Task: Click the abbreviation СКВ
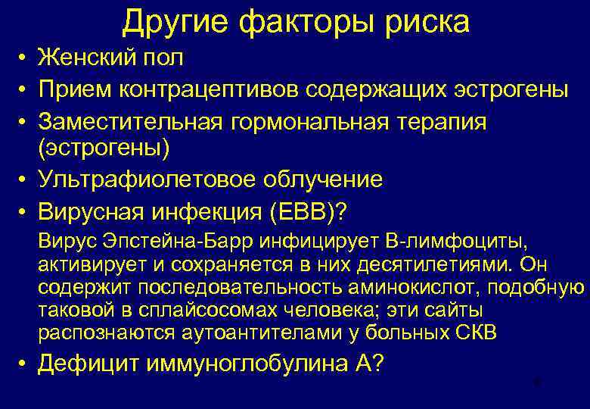pyautogui.click(x=477, y=333)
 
